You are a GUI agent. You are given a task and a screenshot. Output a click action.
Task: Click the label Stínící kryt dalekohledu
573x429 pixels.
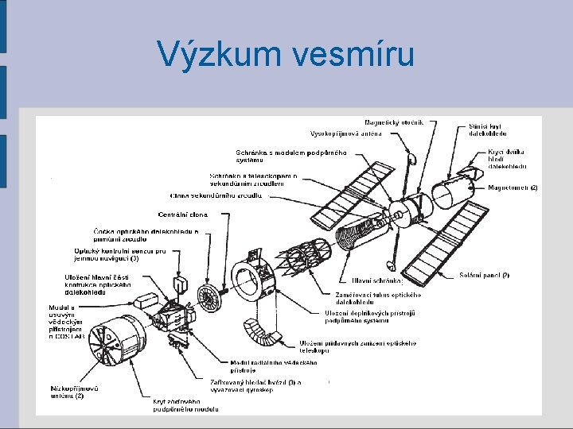(486, 129)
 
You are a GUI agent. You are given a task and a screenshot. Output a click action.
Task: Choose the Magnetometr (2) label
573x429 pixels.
(513, 187)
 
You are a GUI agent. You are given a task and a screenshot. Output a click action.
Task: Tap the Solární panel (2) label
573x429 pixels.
(484, 275)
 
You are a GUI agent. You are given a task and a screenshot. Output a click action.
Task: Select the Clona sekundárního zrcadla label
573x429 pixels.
(215, 195)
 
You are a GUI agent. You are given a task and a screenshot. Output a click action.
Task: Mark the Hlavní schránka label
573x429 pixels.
(377, 280)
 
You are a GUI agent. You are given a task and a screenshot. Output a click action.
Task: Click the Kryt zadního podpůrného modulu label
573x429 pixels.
(185, 405)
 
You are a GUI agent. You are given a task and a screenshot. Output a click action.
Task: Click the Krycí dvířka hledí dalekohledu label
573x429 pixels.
(507, 159)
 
